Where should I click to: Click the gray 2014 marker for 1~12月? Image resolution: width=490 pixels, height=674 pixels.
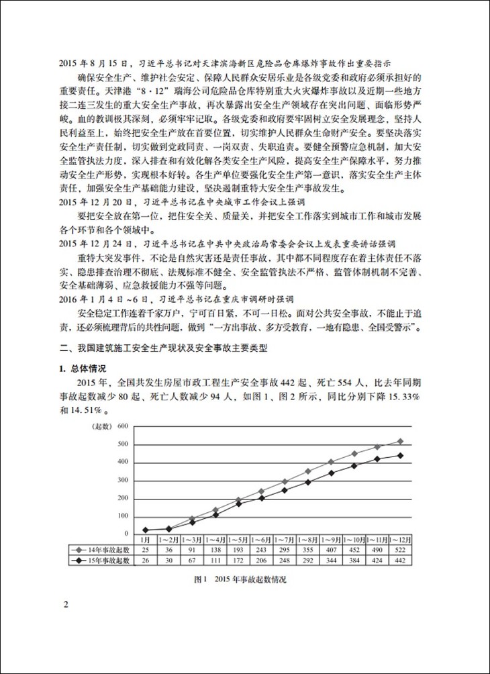pyautogui.click(x=401, y=441)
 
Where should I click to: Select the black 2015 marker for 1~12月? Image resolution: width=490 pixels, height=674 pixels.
pyautogui.click(x=401, y=455)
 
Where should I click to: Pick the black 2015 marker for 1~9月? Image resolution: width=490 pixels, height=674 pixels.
pyautogui.click(x=331, y=473)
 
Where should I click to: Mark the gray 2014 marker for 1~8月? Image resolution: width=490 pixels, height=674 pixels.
pyautogui.click(x=307, y=471)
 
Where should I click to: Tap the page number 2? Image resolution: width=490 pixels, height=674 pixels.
pyautogui.click(x=66, y=604)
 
